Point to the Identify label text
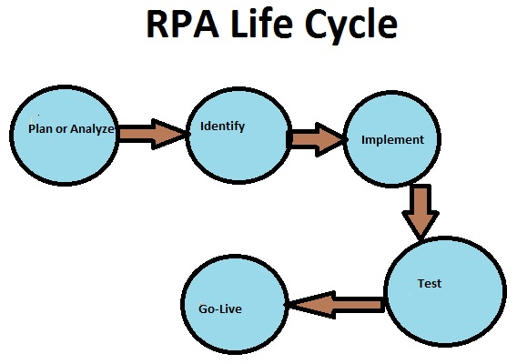click(x=222, y=126)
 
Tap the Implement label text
click(x=392, y=140)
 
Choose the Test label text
click(x=429, y=283)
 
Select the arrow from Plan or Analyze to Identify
click(x=152, y=133)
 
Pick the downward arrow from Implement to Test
click(x=421, y=212)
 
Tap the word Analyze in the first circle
click(x=92, y=129)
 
